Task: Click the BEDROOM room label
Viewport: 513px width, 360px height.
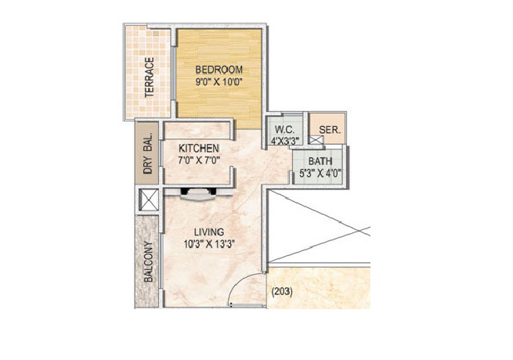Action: pyautogui.click(x=219, y=68)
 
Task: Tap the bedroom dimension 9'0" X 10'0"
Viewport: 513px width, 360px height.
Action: pyautogui.click(x=219, y=80)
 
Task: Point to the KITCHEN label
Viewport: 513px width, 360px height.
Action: pyautogui.click(x=198, y=148)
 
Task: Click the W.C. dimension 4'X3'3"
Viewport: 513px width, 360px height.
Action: pyautogui.click(x=284, y=142)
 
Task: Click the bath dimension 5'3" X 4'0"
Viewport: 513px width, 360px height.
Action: pyautogui.click(x=320, y=175)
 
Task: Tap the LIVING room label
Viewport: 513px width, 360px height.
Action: pyautogui.click(x=210, y=232)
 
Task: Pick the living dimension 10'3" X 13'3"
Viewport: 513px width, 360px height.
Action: pyautogui.click(x=210, y=244)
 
